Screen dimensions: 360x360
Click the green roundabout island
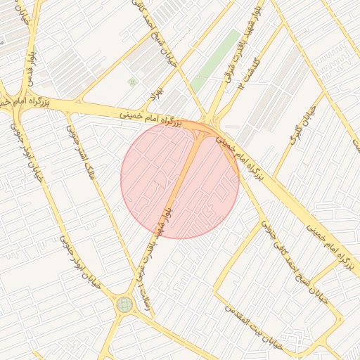pyautogui.click(x=125, y=304)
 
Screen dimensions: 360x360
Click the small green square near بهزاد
pyautogui.click(x=131, y=82)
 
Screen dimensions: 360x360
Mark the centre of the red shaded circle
pyautogui.click(x=180, y=179)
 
